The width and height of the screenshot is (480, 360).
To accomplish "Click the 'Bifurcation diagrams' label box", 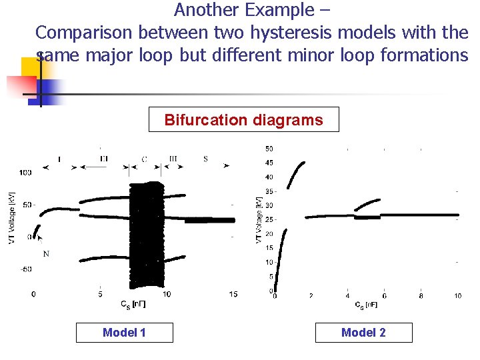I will [243, 120].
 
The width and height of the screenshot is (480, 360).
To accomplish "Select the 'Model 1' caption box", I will [124, 333].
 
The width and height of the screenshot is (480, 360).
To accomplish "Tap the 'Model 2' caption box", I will [363, 333].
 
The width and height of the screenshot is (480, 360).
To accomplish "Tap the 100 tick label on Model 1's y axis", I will [26, 173].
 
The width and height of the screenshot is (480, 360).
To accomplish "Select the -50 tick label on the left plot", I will [26, 269].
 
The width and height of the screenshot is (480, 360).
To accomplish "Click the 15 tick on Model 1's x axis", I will [233, 294].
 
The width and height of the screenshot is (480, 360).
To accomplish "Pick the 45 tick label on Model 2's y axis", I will [269, 163].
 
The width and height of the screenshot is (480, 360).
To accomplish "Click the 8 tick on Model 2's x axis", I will [421, 295].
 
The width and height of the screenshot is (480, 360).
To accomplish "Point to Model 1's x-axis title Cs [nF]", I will [133, 305].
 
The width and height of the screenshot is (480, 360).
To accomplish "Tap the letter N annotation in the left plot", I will [46, 254].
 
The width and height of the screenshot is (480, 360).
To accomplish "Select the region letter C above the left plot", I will [145, 159].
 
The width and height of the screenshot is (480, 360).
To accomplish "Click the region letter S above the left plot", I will [205, 159].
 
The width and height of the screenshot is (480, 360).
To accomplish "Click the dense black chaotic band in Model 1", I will [146, 233].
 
